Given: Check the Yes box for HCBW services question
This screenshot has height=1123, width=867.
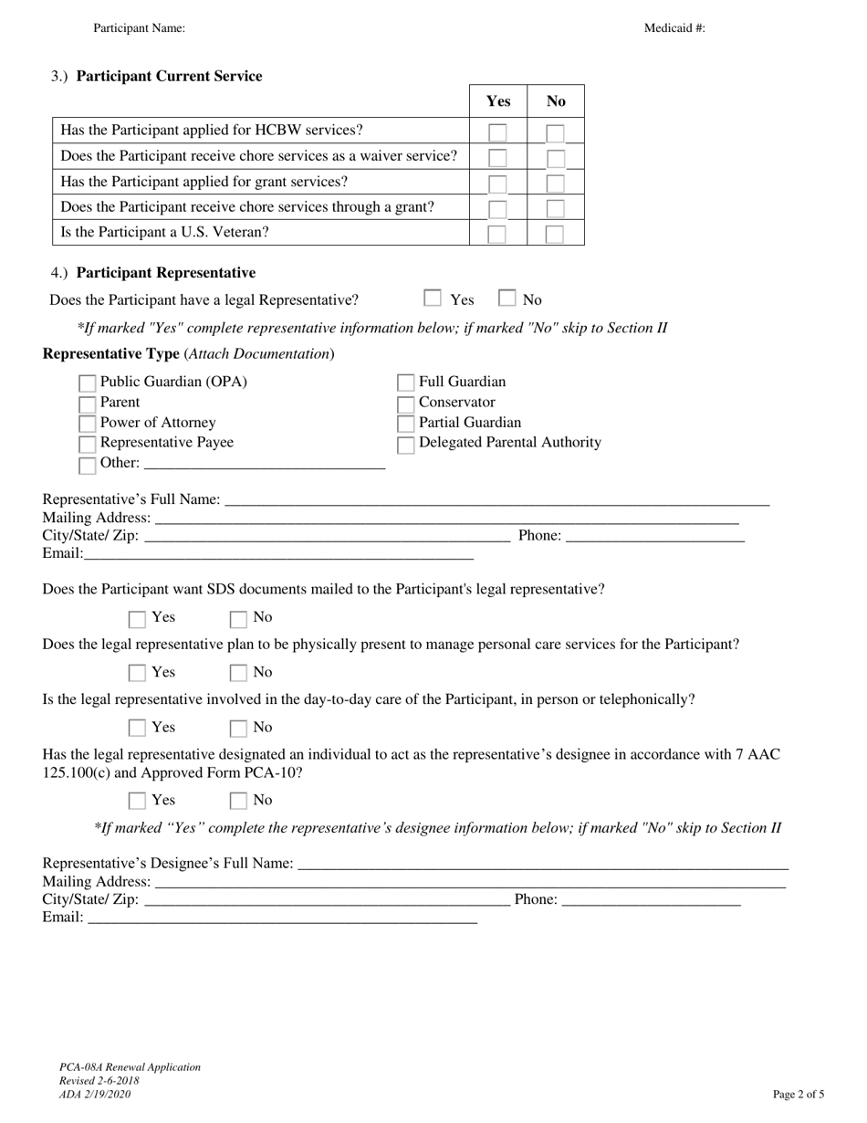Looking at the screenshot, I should pyautogui.click(x=497, y=133).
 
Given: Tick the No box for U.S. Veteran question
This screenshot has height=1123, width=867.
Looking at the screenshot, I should pyautogui.click(x=554, y=235).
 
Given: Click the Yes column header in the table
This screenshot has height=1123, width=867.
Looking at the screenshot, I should pyautogui.click(x=498, y=101).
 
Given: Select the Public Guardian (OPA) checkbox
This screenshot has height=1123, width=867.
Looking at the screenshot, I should pyautogui.click(x=88, y=383).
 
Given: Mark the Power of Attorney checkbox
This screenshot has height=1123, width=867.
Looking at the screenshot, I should pyautogui.click(x=88, y=424).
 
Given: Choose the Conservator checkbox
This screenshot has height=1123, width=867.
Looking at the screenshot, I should pyautogui.click(x=406, y=404).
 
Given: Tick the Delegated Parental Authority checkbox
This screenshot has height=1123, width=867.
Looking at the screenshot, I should pyautogui.click(x=406, y=445).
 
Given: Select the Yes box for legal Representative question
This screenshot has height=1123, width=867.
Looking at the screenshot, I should pyautogui.click(x=433, y=299).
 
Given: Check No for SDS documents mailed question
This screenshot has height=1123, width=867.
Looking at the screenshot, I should pyautogui.click(x=238, y=619).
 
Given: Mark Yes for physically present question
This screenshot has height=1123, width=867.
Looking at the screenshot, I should pyautogui.click(x=138, y=674).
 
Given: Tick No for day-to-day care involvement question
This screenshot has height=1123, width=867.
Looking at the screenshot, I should pyautogui.click(x=238, y=729).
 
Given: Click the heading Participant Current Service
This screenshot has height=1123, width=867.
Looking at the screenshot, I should pyautogui.click(x=169, y=77).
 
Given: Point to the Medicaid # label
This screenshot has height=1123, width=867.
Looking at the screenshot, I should pyautogui.click(x=674, y=28).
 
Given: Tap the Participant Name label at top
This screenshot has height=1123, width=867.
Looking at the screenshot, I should pyautogui.click(x=139, y=28).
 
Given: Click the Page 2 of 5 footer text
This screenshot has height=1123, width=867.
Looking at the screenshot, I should pyautogui.click(x=799, y=1094).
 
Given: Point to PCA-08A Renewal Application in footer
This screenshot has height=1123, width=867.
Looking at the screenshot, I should pyautogui.click(x=130, y=1067).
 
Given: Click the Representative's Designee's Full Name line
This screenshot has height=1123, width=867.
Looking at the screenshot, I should pyautogui.click(x=542, y=864).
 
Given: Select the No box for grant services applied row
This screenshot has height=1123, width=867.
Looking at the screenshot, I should pyautogui.click(x=555, y=184).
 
